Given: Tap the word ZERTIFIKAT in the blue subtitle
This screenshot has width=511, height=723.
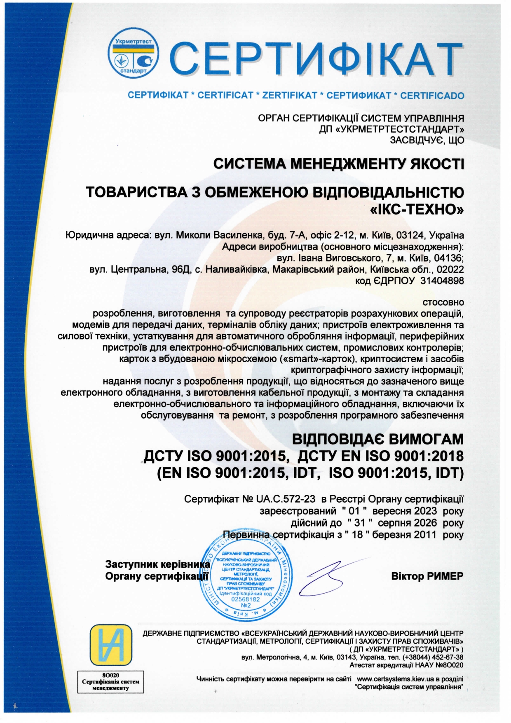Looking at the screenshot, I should pos(290,96).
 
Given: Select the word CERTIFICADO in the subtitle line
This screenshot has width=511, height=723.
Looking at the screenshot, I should pos(432,96).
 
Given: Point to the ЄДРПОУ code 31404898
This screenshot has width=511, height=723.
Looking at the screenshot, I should pos(442,281).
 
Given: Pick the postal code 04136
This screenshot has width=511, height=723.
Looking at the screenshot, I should pos(450,258).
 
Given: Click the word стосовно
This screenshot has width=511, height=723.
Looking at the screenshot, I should pos(443,302).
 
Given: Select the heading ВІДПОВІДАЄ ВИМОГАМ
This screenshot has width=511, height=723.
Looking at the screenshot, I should pos(377,439).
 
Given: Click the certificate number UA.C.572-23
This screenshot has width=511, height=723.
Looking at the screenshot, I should pos(286,499).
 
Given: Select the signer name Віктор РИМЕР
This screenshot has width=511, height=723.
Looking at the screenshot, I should pos(427,576).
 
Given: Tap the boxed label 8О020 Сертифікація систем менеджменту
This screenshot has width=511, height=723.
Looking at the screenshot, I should pos(110,682).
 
